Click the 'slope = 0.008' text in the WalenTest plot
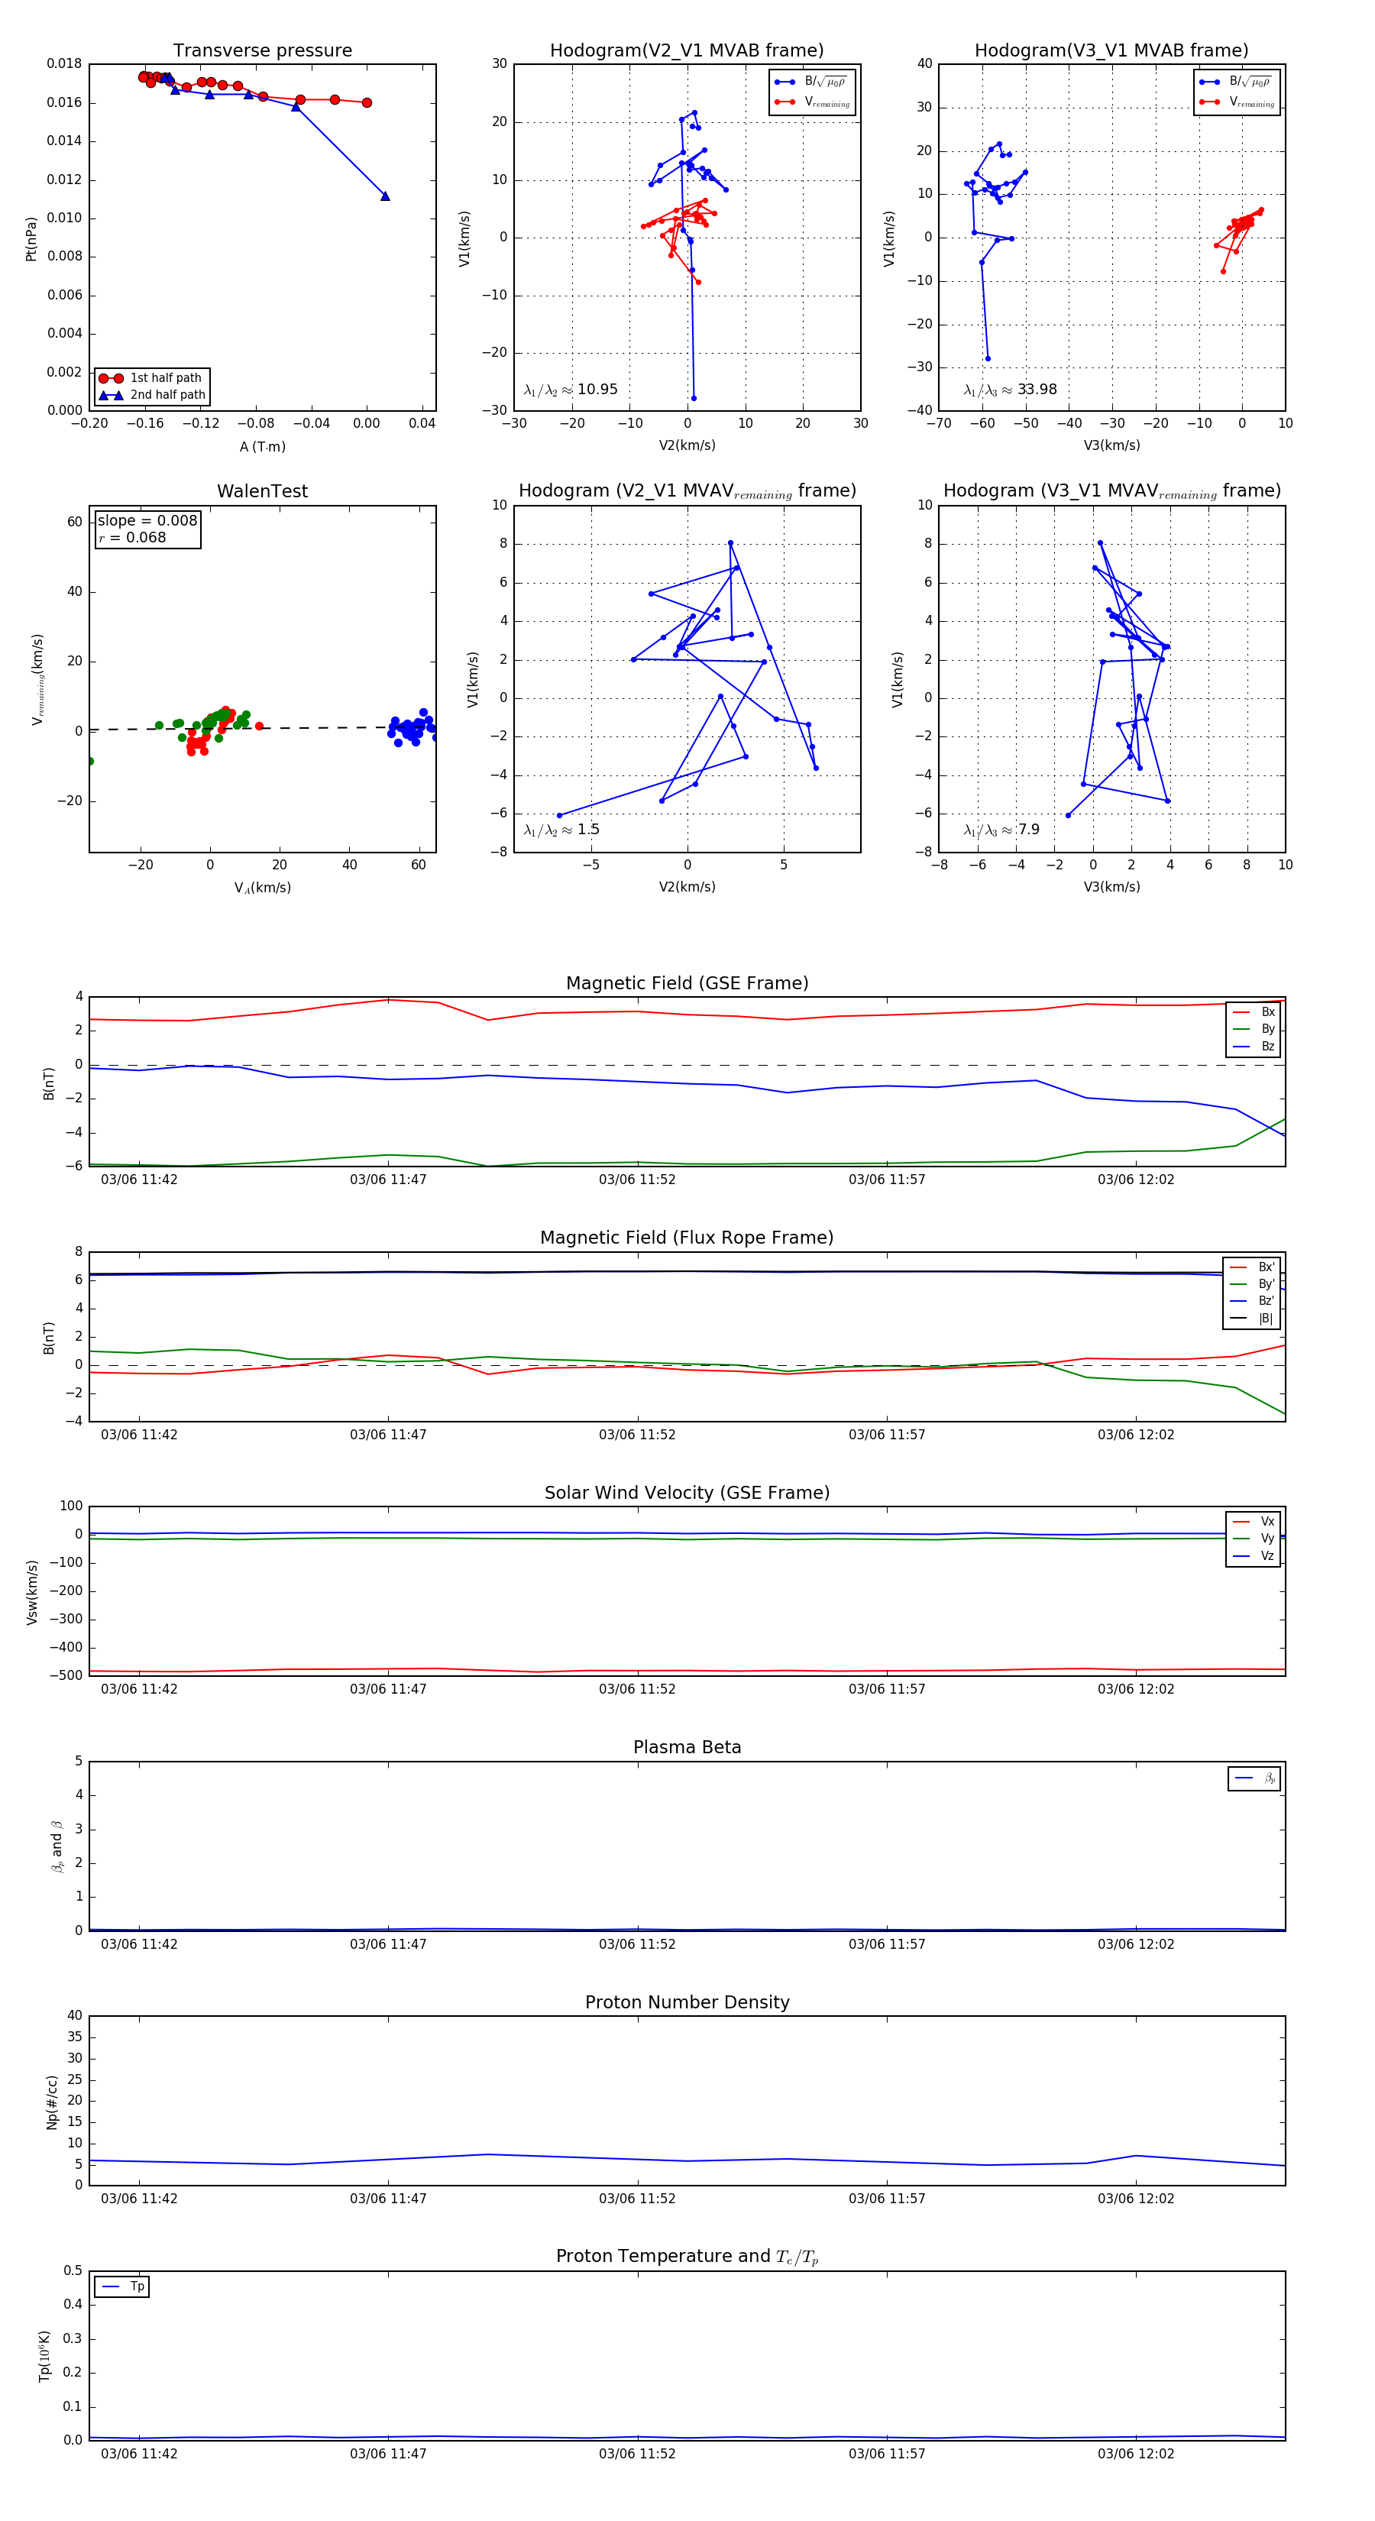147,521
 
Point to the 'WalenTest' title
262,491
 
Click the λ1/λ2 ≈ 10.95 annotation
571,390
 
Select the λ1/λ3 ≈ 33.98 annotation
1010,390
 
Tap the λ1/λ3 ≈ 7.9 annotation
1001,830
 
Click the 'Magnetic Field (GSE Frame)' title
687,983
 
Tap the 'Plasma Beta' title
687,1748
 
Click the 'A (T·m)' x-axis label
262,447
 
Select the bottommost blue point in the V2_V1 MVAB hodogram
694,398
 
